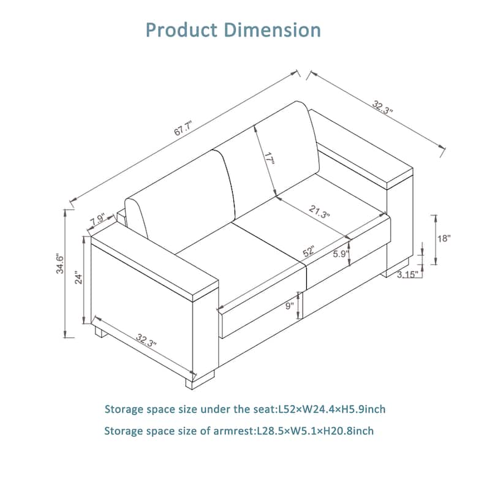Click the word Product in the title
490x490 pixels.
click(x=181, y=30)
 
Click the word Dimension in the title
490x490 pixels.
click(x=273, y=30)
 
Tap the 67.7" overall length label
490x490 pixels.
click(x=183, y=127)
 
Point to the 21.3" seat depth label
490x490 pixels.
click(x=319, y=211)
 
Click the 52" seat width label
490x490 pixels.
click(x=308, y=251)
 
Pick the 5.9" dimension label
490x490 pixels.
click(x=341, y=254)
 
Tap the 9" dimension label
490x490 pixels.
click(x=290, y=305)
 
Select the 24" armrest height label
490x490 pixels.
click(x=78, y=279)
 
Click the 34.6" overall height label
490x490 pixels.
click(x=59, y=265)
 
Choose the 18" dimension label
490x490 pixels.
click(x=443, y=238)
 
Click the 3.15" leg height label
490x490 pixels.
click(x=407, y=274)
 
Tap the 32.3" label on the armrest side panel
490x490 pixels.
click(x=146, y=341)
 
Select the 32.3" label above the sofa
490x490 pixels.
click(x=382, y=107)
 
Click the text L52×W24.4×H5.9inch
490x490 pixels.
click(x=332, y=409)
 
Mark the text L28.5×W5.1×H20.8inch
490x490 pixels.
click(x=315, y=431)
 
